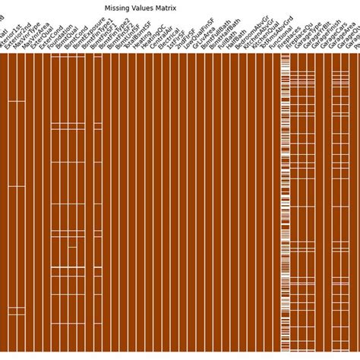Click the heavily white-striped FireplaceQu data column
[286, 190]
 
